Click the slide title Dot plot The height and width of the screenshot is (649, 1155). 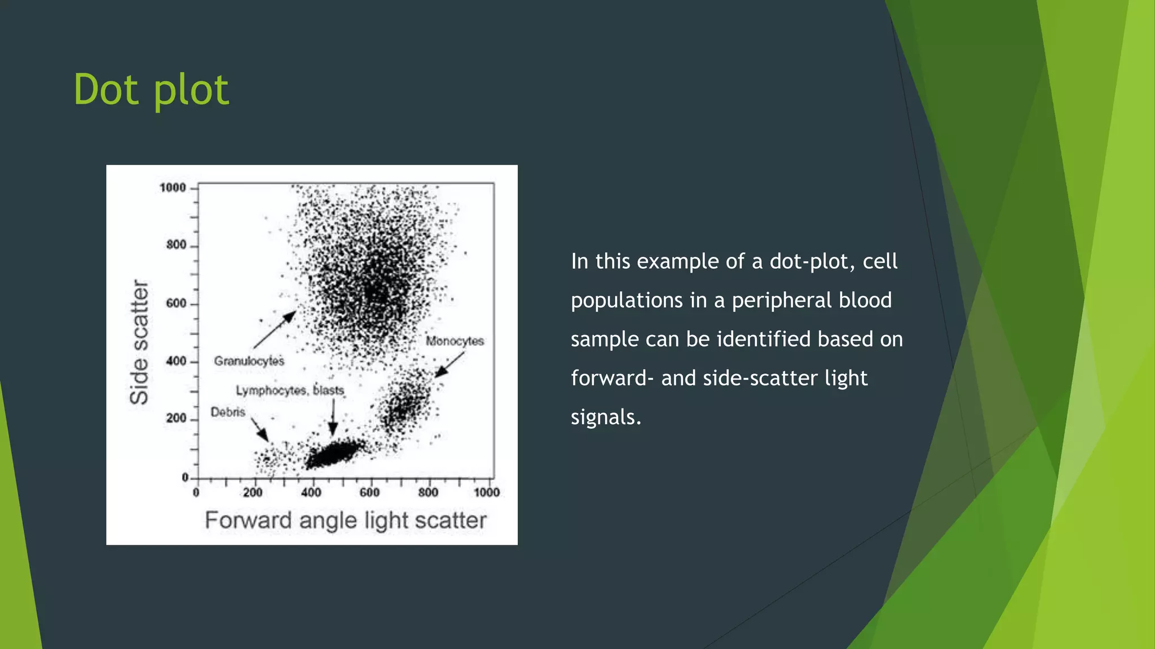click(151, 90)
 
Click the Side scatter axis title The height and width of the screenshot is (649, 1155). click(139, 341)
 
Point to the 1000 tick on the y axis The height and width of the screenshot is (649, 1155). click(173, 188)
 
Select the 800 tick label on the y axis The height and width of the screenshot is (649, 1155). click(176, 245)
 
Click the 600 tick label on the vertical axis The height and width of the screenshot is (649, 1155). click(176, 304)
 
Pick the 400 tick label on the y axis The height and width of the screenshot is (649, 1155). click(176, 361)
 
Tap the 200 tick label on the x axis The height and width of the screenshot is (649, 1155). click(253, 493)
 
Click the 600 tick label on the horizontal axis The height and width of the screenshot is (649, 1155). click(369, 493)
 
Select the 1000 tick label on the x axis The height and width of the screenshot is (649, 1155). click(487, 493)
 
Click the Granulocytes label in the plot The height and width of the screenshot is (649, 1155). click(249, 361)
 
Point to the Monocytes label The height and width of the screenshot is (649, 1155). click(455, 341)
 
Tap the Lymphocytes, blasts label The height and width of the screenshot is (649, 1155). click(290, 390)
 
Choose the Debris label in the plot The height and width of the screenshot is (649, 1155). click(228, 412)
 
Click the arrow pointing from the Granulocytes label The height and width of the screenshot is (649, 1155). click(275, 330)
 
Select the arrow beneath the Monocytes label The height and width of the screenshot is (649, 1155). click(449, 365)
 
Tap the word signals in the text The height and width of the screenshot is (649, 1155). click(606, 417)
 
